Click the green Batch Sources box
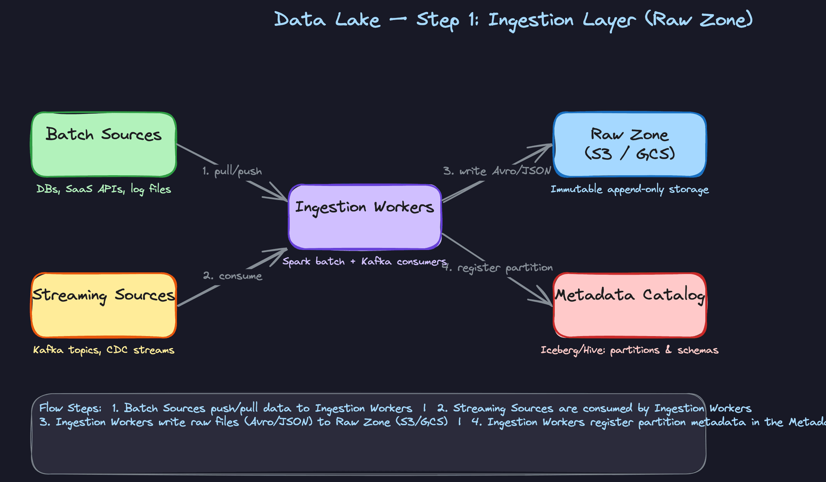(104, 145)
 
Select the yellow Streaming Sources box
(104, 306)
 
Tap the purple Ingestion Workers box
(365, 217)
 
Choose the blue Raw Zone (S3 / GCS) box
(629, 145)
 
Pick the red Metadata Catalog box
(629, 306)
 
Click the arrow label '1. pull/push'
(232, 171)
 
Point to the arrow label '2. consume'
(232, 276)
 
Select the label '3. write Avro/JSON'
(497, 171)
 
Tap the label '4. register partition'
(499, 268)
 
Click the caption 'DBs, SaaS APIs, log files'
(104, 189)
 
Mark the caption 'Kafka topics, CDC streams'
(104, 350)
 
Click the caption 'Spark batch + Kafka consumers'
(364, 261)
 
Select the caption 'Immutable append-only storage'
(629, 189)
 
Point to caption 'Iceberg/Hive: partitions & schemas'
(629, 350)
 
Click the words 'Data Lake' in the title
(327, 20)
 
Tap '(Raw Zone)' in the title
(699, 20)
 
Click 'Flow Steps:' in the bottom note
(70, 408)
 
